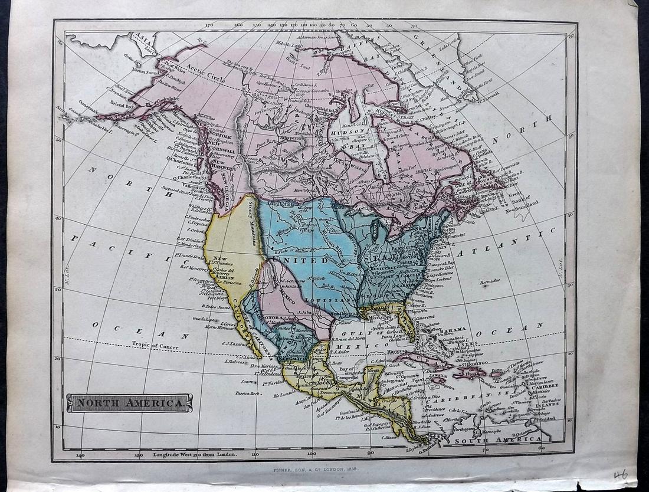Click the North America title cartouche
point(129,403)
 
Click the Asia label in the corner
point(142,38)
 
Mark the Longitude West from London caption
point(195,454)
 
